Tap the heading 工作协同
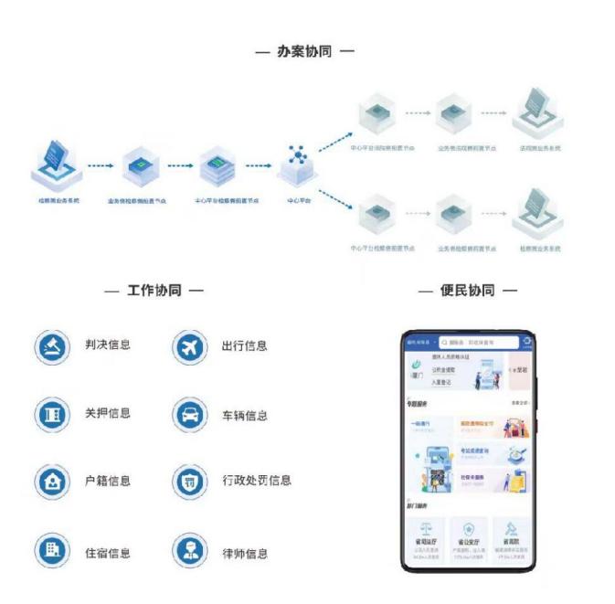154,291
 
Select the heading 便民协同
467,291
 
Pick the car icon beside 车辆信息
189,415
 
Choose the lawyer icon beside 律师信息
189,552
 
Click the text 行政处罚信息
256,481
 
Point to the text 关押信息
108,413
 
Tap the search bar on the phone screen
476,343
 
